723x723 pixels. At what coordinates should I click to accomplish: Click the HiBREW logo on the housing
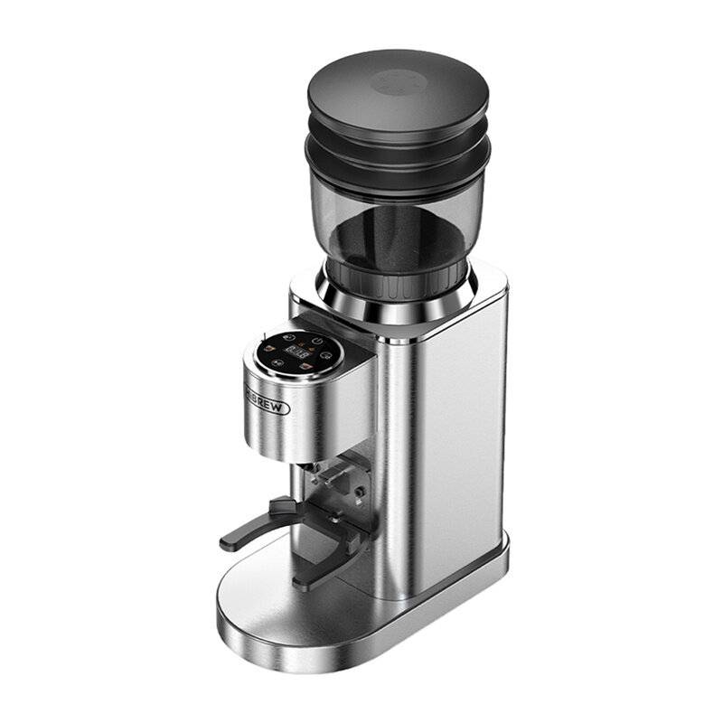(x=268, y=401)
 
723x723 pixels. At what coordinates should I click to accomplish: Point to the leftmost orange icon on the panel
(x=268, y=348)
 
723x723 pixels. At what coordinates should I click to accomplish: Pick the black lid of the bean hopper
(x=398, y=99)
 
